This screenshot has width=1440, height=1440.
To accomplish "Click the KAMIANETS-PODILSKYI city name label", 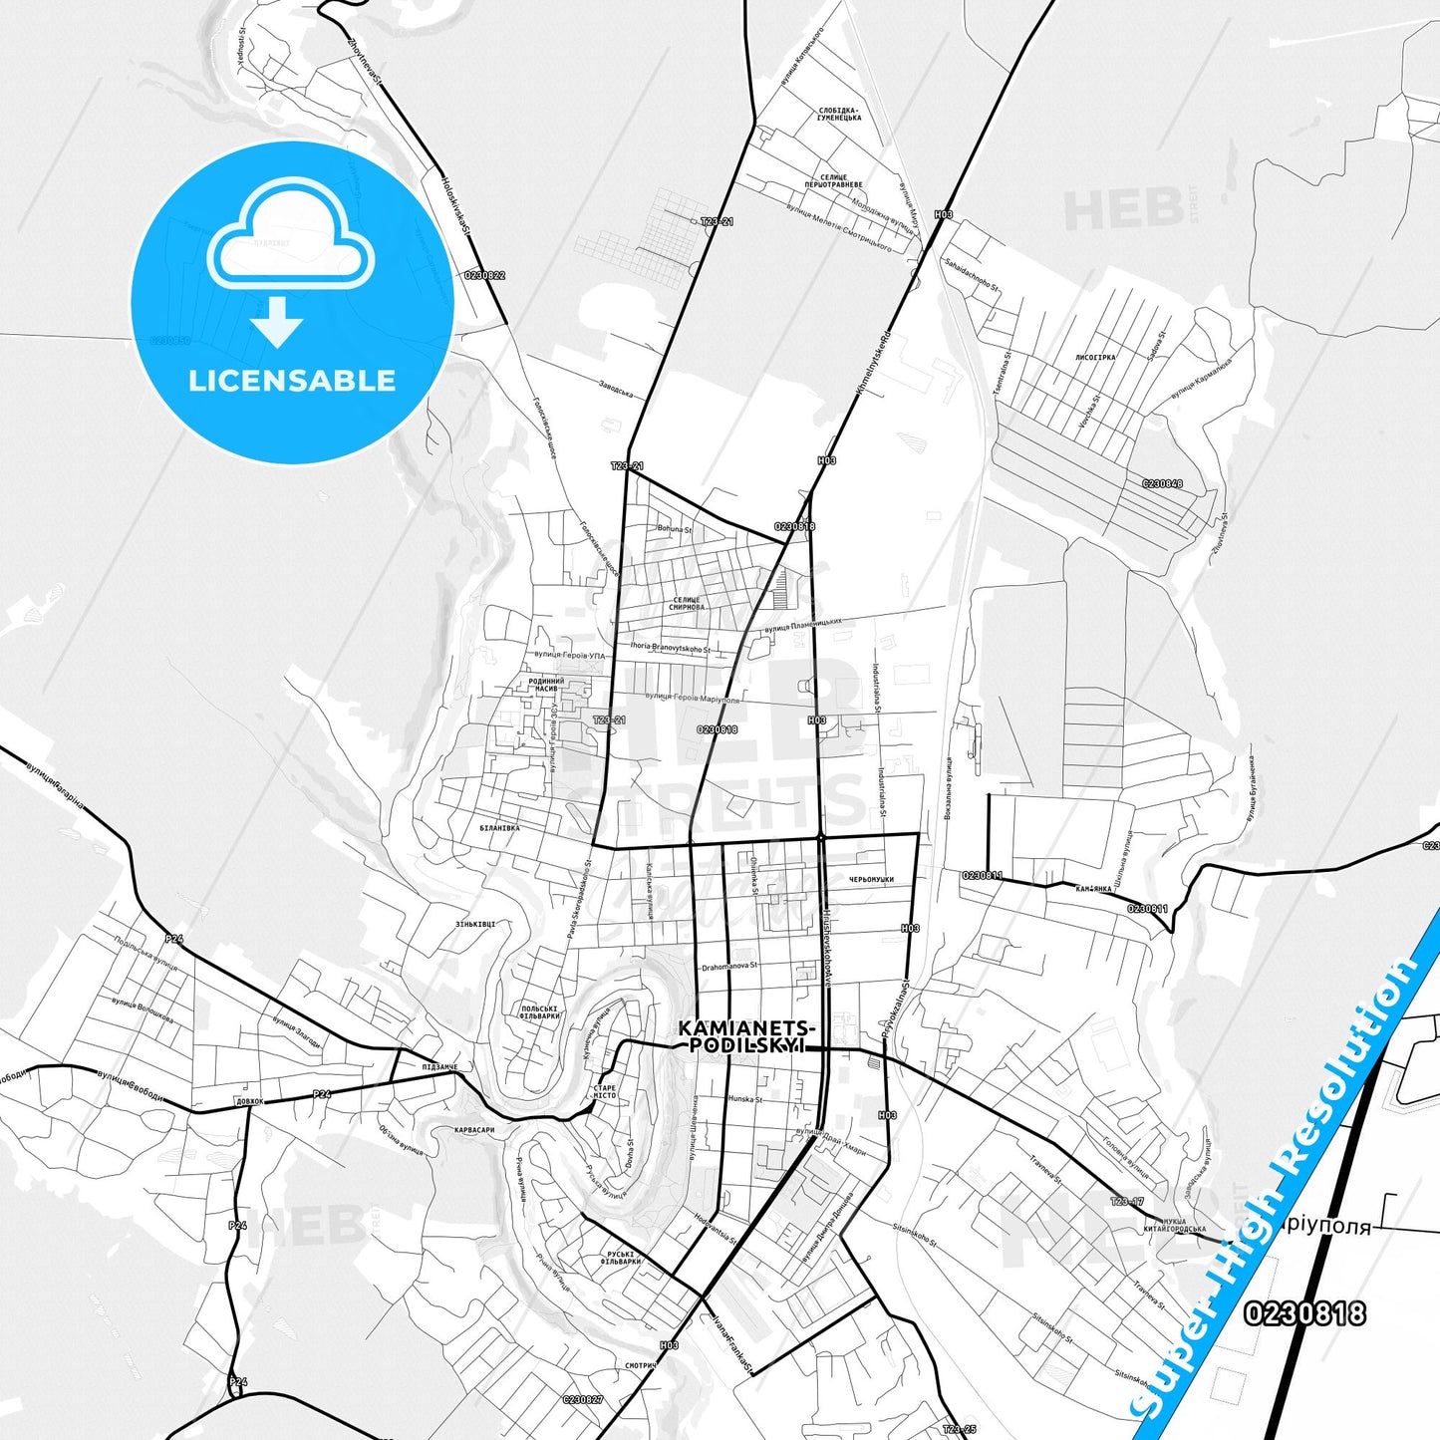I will tap(747, 1036).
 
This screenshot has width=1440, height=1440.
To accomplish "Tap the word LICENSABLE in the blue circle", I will tap(292, 381).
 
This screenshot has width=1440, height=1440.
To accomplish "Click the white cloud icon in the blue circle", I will tap(290, 236).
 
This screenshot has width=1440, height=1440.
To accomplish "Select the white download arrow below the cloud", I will tap(277, 322).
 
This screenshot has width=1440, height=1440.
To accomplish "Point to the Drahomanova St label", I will tap(729, 967).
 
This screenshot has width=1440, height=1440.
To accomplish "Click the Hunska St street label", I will tap(744, 1099).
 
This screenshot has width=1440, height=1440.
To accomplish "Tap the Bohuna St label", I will tap(674, 529).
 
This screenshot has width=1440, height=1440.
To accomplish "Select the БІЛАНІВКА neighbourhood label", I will tap(499, 828).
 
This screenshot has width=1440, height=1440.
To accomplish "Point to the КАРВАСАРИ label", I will tap(474, 1130).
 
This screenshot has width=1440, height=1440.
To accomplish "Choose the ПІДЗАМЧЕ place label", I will tap(439, 1067).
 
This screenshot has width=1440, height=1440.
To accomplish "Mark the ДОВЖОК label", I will tap(250, 1102).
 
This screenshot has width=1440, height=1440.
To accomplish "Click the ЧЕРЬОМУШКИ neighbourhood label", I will tap(871, 880).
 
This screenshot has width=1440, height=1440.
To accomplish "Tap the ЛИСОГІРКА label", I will tap(1095, 357).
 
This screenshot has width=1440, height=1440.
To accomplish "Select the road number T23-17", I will tap(1126, 1202).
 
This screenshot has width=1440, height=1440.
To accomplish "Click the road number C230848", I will tap(1162, 484).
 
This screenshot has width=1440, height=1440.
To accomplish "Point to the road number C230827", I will tap(582, 1400).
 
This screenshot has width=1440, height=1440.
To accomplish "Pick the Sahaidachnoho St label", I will tap(971, 275).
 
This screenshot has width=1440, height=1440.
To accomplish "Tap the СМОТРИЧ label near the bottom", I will tap(640, 1366).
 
